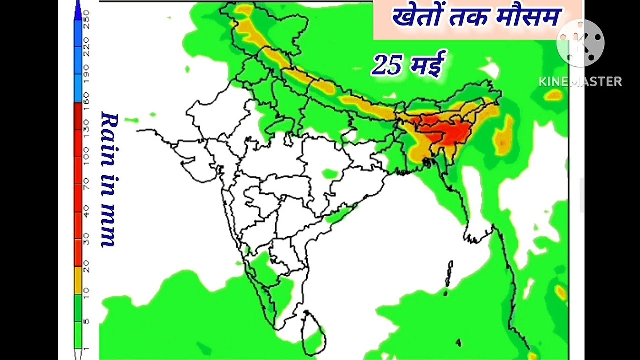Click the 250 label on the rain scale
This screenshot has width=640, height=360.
[x=87, y=18]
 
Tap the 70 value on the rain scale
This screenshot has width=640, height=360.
[x=87, y=185]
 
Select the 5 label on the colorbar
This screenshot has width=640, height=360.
[x=87, y=321]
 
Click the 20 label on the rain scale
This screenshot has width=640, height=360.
[x=87, y=267]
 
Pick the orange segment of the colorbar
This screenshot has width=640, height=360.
[x=78, y=280]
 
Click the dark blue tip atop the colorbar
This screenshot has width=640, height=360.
[x=78, y=11]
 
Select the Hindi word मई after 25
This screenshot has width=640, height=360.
[x=426, y=64]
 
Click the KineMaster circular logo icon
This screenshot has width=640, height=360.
[x=580, y=43]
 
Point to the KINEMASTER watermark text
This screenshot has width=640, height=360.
[x=580, y=82]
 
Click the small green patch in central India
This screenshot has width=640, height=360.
[x=329, y=174]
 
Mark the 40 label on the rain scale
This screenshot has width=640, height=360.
[x=87, y=212]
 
